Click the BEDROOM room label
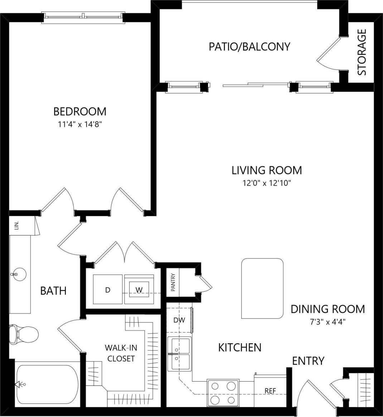(x=80, y=111)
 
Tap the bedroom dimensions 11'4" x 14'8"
(x=80, y=124)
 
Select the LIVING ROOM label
(x=267, y=170)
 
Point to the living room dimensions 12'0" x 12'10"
(x=267, y=183)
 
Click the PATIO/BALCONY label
(x=249, y=47)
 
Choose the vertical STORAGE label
(x=362, y=52)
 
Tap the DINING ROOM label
(x=328, y=309)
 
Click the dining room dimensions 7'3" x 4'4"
(x=328, y=321)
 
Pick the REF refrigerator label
(x=270, y=391)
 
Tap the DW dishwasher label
(x=179, y=320)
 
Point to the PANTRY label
(x=173, y=282)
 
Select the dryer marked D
(x=108, y=290)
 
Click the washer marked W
(x=139, y=290)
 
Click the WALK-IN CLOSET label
(x=121, y=353)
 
